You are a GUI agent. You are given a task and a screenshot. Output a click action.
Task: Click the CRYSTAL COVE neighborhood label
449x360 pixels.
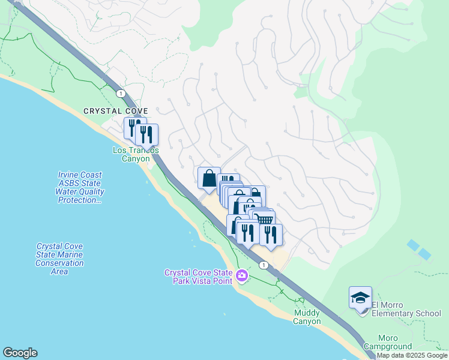click(115, 111)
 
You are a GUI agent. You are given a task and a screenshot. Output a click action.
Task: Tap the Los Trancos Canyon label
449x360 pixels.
click(136, 154)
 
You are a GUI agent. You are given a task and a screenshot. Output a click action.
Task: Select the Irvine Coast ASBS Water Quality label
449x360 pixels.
click(80, 187)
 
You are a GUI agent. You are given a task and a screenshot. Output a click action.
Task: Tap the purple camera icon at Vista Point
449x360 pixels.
click(242, 276)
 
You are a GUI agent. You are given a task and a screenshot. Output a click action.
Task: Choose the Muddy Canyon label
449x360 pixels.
click(307, 317)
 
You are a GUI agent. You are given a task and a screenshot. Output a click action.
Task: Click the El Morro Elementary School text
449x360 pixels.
click(406, 308)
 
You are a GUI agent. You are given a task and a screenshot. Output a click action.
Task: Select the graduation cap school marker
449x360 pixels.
click(360, 298)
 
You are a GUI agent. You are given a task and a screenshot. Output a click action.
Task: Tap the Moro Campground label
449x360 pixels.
click(395, 342)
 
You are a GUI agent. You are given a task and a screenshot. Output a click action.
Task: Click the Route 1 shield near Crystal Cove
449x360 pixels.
click(121, 93)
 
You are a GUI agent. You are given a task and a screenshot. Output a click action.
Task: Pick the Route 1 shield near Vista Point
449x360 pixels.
click(263, 265)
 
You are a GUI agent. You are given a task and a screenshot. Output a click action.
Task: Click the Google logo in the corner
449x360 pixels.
click(20, 353)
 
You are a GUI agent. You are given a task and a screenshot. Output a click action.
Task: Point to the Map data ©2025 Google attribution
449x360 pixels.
click(412, 356)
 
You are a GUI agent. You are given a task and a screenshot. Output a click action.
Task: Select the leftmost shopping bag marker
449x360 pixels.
click(209, 178)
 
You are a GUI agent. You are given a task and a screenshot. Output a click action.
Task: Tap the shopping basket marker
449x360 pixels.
click(264, 220)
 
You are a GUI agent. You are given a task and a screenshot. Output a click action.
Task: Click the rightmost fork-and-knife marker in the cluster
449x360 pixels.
click(271, 234)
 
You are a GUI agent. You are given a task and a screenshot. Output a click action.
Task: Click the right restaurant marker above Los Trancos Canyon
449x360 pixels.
click(146, 135)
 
